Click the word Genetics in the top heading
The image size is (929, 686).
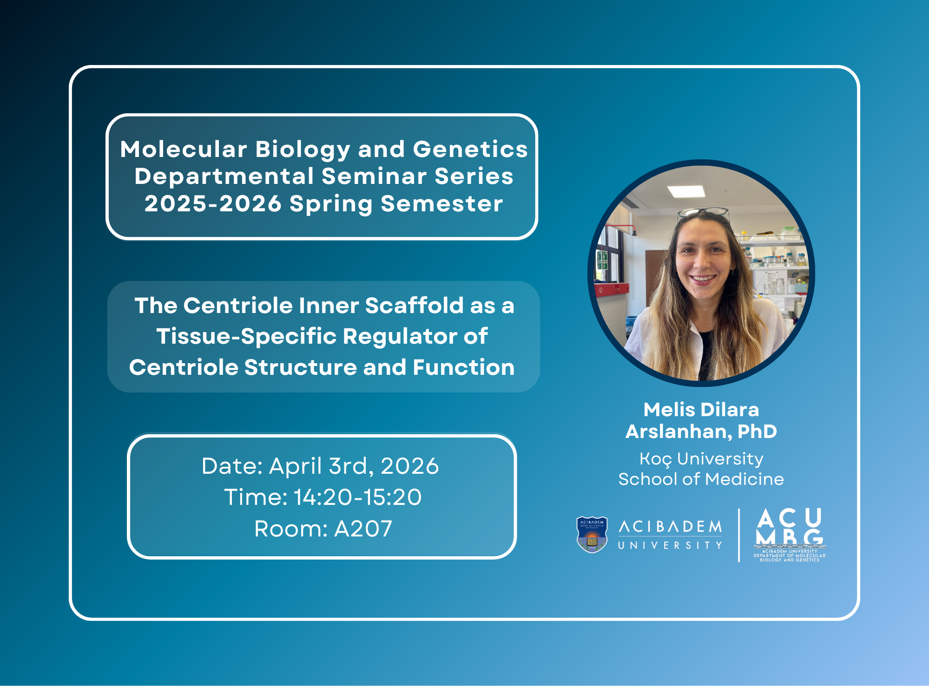coord(470,149)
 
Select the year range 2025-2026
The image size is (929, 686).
coord(213,203)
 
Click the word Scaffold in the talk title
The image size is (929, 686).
coord(414,306)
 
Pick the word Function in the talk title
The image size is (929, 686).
coord(463,367)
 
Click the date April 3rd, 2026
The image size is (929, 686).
coord(354,466)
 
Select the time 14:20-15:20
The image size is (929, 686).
coord(358,497)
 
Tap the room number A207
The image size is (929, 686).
coord(363,529)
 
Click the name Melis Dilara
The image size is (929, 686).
coord(701,410)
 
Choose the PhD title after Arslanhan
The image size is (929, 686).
coord(757,431)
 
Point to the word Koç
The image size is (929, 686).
coord(655,459)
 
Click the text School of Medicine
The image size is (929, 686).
coord(701,479)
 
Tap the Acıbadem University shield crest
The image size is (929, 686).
coord(592,535)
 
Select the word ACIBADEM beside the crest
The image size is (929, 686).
coord(670,527)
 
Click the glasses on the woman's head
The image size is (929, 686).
coord(703,212)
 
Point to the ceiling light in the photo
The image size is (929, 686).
coord(686,191)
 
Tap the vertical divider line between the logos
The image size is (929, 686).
coord(739,535)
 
